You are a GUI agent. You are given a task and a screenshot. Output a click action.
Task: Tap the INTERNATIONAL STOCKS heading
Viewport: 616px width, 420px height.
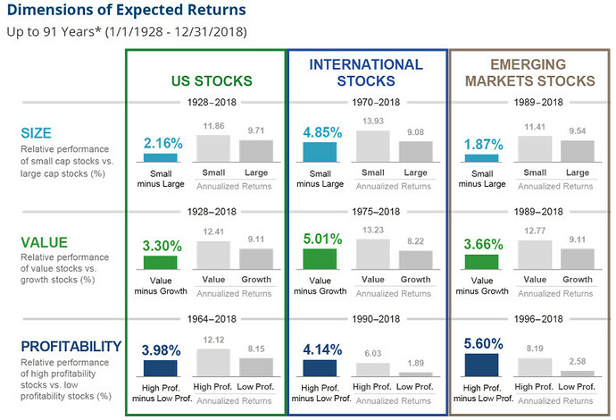coord(366,72)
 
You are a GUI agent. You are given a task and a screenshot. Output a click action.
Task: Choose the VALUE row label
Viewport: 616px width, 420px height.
coord(46,240)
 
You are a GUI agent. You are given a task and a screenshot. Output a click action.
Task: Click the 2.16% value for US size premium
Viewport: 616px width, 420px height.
coord(161,142)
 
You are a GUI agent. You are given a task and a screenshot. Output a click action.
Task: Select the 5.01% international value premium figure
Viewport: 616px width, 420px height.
coord(320,239)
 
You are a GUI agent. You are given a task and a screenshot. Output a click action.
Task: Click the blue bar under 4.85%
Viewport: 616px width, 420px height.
coord(320,154)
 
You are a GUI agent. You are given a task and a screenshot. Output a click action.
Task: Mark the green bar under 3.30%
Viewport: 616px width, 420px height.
coord(161,263)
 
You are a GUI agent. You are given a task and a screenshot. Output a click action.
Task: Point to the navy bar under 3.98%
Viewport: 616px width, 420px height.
coord(161,367)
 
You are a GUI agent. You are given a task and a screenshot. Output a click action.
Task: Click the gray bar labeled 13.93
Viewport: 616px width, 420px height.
coord(372,147)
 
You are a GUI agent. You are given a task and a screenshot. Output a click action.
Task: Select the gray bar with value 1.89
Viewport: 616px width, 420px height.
coord(415,374)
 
